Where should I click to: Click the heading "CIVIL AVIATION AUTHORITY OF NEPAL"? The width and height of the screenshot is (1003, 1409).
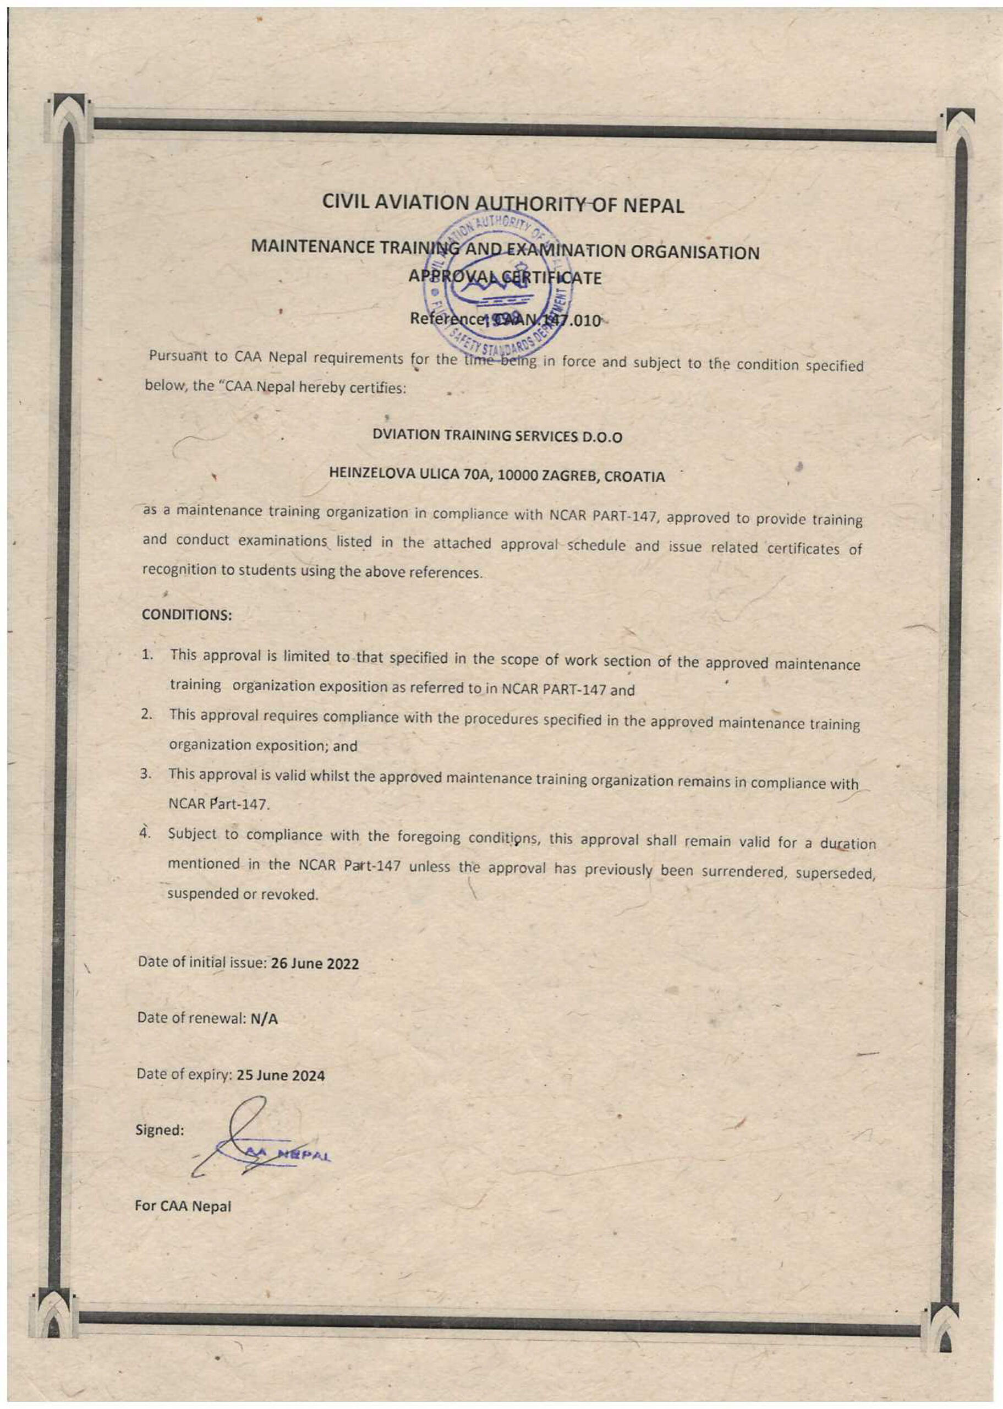coord(503,204)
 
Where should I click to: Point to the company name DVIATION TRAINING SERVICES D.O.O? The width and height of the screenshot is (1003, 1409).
coord(497,436)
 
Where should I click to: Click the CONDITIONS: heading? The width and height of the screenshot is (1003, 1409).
coord(187,615)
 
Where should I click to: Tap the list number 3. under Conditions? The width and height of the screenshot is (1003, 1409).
coord(146,774)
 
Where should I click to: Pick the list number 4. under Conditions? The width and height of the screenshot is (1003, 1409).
coord(145,833)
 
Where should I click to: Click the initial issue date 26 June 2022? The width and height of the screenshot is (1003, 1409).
coord(314,964)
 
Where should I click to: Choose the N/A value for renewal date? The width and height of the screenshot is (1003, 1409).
coord(264,1019)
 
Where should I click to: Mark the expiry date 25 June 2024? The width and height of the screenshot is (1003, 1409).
coord(281,1075)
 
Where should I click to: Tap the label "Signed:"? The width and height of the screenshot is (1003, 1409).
coord(160,1131)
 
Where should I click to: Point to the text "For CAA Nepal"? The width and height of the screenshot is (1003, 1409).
coord(183,1206)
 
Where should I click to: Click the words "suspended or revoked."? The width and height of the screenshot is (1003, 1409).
coord(243,894)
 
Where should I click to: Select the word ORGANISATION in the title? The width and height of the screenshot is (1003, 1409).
coord(699,253)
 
